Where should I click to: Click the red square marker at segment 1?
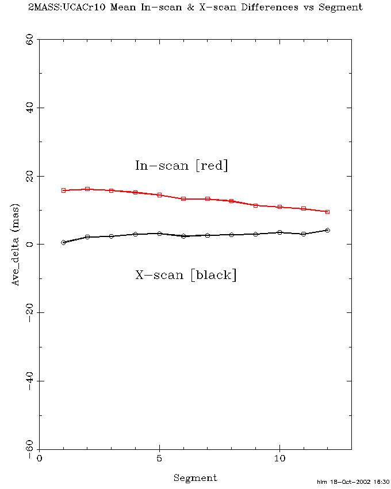63,190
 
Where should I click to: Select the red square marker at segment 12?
327,212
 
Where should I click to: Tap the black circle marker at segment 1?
63,242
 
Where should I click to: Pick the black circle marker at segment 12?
327,230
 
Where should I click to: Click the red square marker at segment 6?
183,198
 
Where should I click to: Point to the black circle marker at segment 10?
279,232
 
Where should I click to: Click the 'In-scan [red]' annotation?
182,166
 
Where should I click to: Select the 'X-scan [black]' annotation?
186,275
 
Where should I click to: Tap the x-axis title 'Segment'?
195,477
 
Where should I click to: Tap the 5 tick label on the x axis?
159,459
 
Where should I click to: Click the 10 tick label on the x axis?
279,459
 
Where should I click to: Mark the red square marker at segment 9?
255,205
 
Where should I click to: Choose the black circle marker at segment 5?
159,234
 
